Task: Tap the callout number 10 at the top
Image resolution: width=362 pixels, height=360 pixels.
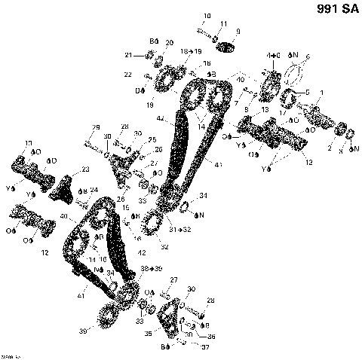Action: point(208,16)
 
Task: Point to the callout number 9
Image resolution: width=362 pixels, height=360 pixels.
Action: point(238,31)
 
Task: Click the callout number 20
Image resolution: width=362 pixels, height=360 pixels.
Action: point(169,42)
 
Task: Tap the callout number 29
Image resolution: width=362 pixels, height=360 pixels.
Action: point(96,127)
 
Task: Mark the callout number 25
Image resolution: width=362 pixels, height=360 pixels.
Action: point(152,140)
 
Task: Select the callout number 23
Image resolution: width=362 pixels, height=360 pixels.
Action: point(85,169)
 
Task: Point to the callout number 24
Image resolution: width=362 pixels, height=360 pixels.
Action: point(94,189)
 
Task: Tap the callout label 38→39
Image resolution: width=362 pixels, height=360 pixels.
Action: point(151,268)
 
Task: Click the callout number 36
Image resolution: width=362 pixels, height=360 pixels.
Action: point(211,336)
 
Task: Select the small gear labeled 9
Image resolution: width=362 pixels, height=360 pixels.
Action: point(226,47)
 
